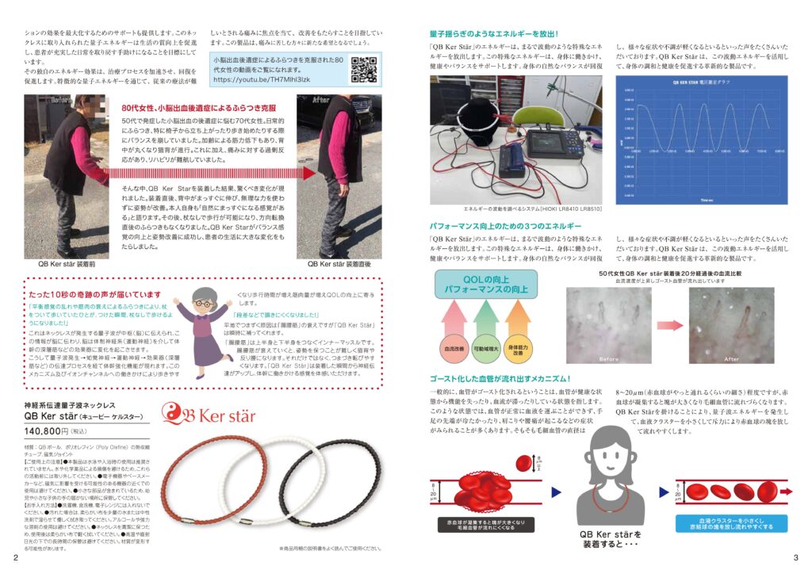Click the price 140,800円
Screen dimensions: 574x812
coord(47,431)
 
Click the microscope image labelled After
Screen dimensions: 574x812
coord(718,325)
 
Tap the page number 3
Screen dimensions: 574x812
coord(795,559)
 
